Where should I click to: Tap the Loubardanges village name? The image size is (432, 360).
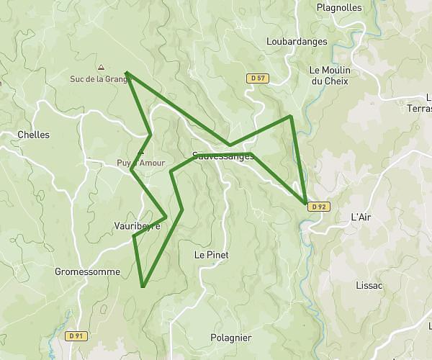[x=297, y=42]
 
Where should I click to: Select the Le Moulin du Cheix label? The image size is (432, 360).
[x=328, y=76]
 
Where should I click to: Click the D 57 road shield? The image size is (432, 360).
[x=257, y=78]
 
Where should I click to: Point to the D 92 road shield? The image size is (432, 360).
[x=319, y=207]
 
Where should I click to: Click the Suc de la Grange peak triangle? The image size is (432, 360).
[x=100, y=66]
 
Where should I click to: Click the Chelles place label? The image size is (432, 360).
[x=33, y=135]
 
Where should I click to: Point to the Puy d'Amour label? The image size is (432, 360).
[x=141, y=163]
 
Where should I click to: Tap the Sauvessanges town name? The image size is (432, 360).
[x=223, y=156]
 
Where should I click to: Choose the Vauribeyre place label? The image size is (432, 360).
[x=137, y=226]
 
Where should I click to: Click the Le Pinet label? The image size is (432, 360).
[x=211, y=255]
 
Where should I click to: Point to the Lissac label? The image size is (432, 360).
[x=369, y=285]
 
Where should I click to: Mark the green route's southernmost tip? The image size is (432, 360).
[x=143, y=287]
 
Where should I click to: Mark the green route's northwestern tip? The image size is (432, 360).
[x=127, y=73]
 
